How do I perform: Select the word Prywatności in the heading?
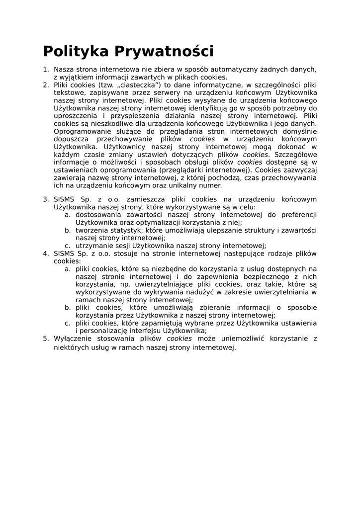coord(164,52)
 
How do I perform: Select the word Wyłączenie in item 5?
coord(74,339)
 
